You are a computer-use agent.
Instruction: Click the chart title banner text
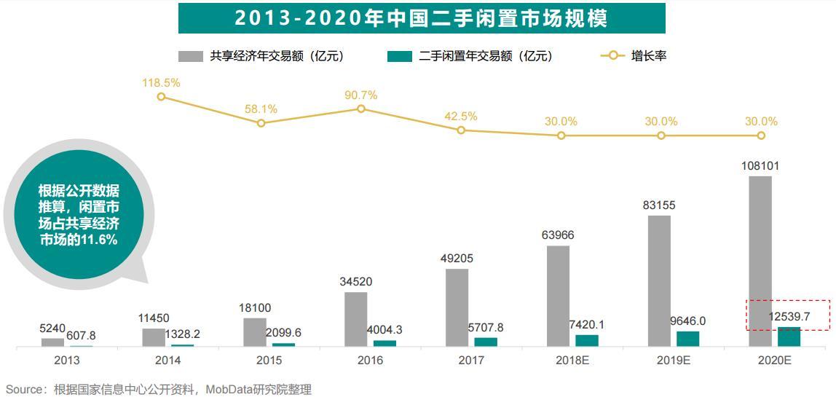421,18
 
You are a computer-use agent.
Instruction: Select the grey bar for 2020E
760,261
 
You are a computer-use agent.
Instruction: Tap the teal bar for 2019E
687,339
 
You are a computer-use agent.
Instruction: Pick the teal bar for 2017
486,342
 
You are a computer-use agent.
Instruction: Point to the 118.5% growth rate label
161,83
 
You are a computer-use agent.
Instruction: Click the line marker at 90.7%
361,109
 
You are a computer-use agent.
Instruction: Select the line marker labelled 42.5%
461,130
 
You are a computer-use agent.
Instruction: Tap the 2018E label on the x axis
572,360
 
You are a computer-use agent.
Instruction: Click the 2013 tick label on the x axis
67,360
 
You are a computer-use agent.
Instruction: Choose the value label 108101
761,166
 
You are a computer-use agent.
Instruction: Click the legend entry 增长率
649,56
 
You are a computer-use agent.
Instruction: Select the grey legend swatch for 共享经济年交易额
191,56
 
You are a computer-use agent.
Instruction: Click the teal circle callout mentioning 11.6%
79,215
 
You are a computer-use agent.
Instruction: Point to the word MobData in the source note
231,390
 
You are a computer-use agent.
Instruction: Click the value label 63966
558,235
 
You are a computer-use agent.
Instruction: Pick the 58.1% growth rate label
261,109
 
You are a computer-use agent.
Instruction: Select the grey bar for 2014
154,337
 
